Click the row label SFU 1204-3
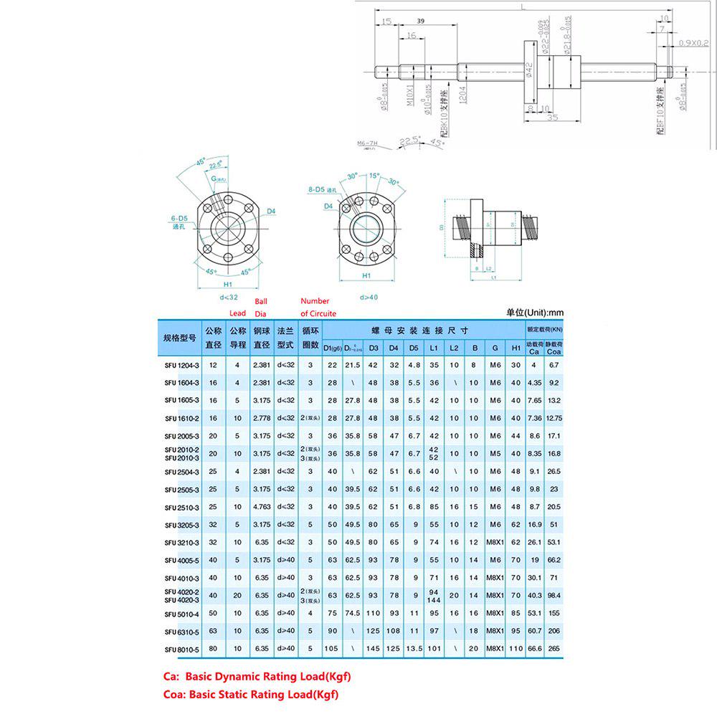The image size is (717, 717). tap(181, 365)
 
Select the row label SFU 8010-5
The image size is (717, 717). tap(181, 650)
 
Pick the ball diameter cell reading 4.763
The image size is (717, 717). tap(261, 506)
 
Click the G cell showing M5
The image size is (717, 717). tap(494, 453)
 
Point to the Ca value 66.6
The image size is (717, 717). tap(533, 650)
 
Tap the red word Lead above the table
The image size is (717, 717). tap(237, 313)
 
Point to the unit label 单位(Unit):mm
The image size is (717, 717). tap(535, 313)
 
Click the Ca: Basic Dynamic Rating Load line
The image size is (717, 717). tap(257, 676)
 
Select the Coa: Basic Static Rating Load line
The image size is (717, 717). tap(251, 694)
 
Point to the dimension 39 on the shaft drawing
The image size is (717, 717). tap(420, 22)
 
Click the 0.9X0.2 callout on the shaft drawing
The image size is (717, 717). tap(693, 43)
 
